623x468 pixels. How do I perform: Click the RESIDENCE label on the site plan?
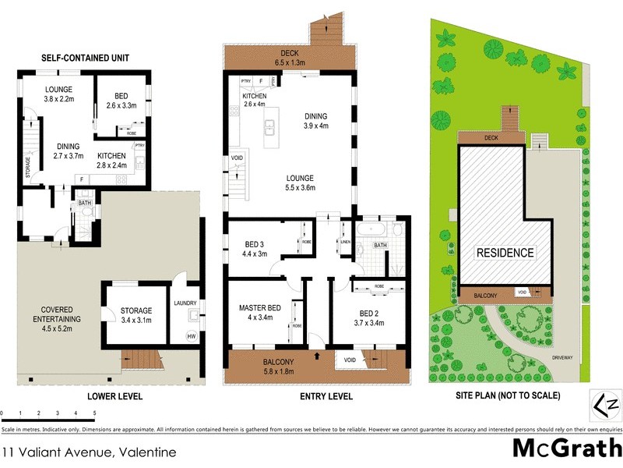pos(505,253)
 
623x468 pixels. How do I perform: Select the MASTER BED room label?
pos(260,308)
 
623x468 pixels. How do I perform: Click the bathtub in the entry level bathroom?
pos(369,231)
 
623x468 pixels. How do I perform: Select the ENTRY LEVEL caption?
pos(326,396)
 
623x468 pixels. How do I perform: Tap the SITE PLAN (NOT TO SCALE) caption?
pos(508,396)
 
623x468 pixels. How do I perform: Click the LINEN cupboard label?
pos(345,242)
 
